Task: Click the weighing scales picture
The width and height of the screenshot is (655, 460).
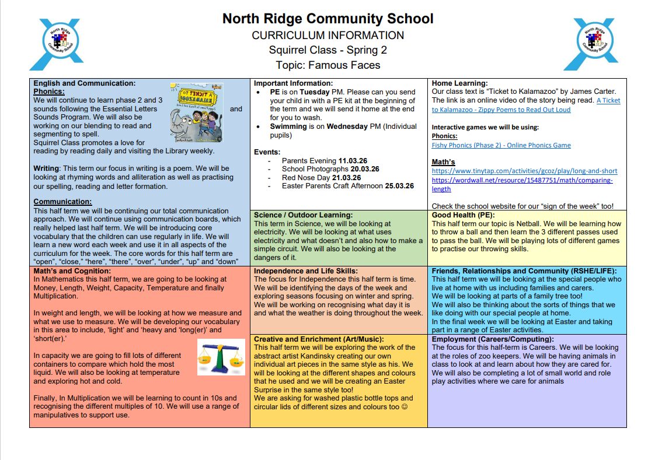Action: pos(221,357)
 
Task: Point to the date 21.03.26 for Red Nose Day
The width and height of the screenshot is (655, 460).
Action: pos(346,178)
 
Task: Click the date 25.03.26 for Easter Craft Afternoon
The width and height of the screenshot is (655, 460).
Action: pos(399,186)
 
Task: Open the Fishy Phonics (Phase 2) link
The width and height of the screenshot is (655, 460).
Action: pos(501,145)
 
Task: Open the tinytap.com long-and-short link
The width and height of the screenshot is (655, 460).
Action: pos(524,171)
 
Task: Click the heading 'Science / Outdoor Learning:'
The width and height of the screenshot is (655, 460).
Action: pos(303,215)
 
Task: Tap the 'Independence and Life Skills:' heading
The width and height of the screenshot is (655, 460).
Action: pos(305,271)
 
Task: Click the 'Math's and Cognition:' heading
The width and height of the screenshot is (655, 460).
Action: pos(72,271)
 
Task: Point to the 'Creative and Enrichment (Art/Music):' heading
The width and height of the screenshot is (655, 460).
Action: pos(319,339)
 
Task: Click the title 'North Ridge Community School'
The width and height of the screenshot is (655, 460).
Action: pos(327,19)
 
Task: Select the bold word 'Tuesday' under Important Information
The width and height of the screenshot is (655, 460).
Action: pos(315,92)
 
